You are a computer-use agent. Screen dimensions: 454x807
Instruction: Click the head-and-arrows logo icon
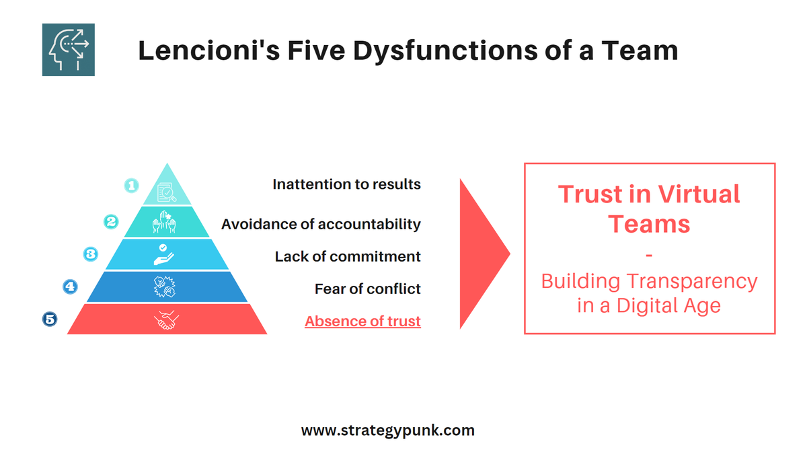point(68,50)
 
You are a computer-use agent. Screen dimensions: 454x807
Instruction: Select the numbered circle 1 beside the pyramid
point(132,185)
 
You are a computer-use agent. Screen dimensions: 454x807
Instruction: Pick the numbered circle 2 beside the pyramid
point(111,221)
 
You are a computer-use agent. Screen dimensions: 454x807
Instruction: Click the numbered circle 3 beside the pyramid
point(90,254)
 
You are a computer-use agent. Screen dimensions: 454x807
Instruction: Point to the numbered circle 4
point(70,287)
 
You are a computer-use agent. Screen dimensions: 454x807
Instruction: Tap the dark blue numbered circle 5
point(50,319)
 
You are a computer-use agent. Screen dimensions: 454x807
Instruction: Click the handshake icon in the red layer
point(167,319)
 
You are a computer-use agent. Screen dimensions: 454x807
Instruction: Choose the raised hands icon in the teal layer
point(167,222)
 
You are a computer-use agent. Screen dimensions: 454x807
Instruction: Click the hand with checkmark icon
point(167,254)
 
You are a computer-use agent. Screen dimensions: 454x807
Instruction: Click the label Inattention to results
point(346,184)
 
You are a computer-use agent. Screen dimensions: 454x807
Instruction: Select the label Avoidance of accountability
point(321,224)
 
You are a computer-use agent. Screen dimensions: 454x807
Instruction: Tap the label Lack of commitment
point(348,256)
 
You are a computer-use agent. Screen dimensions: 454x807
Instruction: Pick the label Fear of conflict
point(367,289)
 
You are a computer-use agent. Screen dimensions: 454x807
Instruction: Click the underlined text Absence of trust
point(362,321)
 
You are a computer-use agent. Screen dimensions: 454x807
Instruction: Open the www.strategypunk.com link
point(387,430)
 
